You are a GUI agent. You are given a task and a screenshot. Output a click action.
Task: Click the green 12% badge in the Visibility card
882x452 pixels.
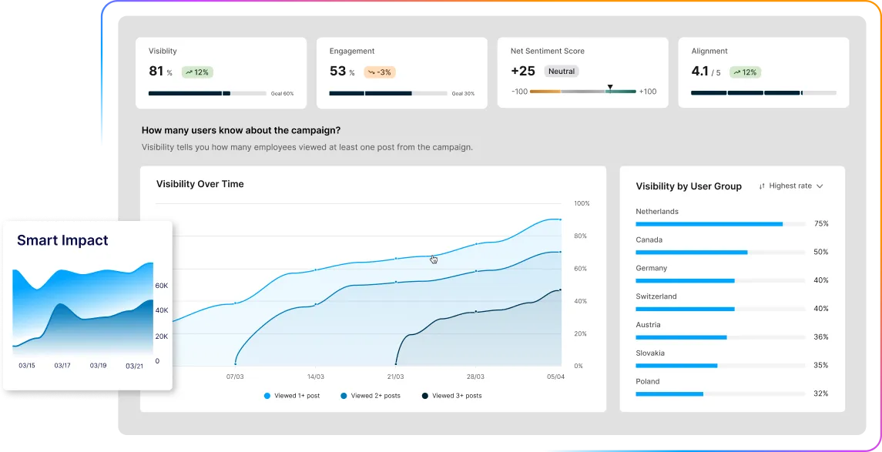(x=197, y=72)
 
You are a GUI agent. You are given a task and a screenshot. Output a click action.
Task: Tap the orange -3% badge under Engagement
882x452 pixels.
(x=380, y=72)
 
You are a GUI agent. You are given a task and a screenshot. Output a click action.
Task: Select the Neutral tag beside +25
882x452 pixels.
(x=562, y=71)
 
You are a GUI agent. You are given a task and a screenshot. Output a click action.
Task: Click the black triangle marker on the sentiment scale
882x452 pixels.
(x=609, y=87)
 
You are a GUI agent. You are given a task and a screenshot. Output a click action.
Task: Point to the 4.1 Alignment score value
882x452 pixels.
(x=699, y=72)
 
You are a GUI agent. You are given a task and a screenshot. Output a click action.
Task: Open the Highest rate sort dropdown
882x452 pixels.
(x=791, y=186)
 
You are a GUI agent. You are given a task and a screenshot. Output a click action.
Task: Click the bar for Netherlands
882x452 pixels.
(x=709, y=224)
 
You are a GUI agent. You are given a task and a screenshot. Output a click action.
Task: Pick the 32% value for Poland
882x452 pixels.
(x=820, y=393)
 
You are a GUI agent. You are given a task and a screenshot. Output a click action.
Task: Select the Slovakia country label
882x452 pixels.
(x=650, y=353)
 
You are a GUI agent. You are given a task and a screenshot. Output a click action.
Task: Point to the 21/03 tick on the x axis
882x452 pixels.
(x=395, y=377)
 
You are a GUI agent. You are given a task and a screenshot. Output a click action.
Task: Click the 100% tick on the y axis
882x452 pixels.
(x=582, y=203)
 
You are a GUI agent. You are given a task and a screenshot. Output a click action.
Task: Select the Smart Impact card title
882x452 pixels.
(x=62, y=240)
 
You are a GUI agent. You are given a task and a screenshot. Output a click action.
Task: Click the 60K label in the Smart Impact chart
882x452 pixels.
(x=162, y=285)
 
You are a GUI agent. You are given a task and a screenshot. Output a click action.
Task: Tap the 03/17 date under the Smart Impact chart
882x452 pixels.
(x=62, y=366)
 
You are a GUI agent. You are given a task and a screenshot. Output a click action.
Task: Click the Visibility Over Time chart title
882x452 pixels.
(x=200, y=184)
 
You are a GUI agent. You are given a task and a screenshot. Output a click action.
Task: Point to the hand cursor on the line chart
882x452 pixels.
(x=434, y=259)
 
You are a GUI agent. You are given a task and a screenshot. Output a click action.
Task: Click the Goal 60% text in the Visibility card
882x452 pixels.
(x=282, y=94)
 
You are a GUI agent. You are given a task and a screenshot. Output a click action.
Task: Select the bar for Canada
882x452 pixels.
(x=691, y=252)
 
